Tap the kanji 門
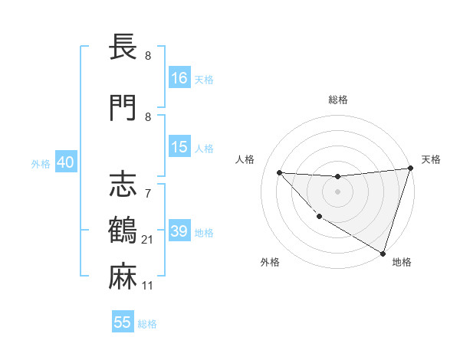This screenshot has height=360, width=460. tap(123, 108)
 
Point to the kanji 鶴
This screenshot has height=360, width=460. tap(123, 231)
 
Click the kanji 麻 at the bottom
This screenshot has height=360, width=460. tap(123, 277)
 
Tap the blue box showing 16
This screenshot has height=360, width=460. tap(179, 78)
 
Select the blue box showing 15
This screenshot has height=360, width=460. tap(179, 148)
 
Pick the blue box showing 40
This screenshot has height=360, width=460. tap(65, 162)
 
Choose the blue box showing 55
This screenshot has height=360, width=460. tap(123, 322)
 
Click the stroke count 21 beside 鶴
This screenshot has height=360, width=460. tap(148, 241)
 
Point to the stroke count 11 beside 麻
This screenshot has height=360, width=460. tap(148, 286)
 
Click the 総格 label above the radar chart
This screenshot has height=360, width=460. tap(338, 100)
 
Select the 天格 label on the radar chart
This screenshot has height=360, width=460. tap(431, 159)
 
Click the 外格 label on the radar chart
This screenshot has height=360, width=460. tap(270, 262)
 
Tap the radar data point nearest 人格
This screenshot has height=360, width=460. tap(279, 172)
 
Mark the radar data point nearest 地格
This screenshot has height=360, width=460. tap(383, 252)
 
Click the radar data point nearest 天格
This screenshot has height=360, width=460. tap(411, 169)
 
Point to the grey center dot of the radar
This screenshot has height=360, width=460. tap(337, 191)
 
